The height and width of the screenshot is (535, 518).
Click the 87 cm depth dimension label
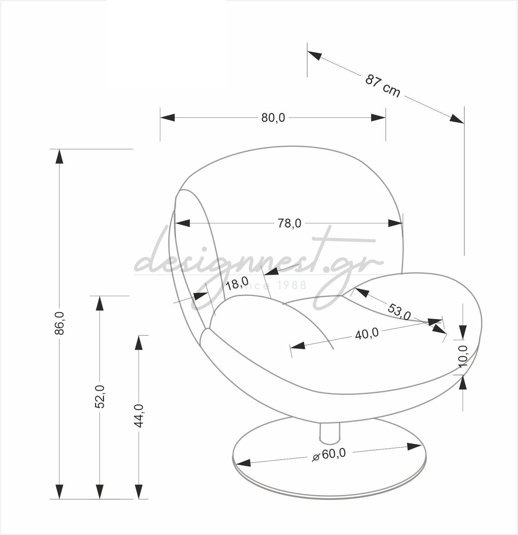(x=383, y=86)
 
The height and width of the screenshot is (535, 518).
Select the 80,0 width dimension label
(x=273, y=118)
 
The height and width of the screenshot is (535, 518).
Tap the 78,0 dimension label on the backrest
(x=289, y=223)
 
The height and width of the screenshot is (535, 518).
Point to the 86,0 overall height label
(x=60, y=323)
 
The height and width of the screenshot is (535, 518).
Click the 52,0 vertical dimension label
(x=100, y=397)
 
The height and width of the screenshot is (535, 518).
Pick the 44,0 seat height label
(x=139, y=416)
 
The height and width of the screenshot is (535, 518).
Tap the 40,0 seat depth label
(x=367, y=334)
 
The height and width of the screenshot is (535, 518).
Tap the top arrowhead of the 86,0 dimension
(x=59, y=156)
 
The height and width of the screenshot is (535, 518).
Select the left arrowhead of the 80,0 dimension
(x=168, y=117)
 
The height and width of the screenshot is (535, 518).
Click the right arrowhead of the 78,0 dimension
(x=395, y=223)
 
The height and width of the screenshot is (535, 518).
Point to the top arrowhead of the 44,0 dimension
(x=139, y=343)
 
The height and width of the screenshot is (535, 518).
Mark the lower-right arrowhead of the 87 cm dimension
(x=457, y=119)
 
